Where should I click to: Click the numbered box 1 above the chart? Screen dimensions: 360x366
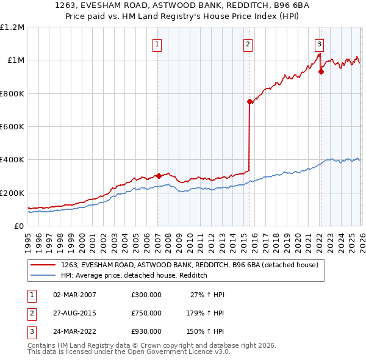pos(157,44)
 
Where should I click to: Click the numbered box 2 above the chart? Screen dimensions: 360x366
pos(248,44)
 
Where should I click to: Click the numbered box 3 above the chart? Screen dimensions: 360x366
pos(319,44)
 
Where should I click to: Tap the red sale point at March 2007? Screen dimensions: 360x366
pos(159,176)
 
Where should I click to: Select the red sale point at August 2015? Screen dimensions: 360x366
pos(249,102)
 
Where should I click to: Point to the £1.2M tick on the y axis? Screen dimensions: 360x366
pos(12,27)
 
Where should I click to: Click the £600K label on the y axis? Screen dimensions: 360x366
pos(12,127)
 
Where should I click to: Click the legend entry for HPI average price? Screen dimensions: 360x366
pos(134,276)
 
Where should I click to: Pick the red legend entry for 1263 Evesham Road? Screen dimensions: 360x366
pos(189,265)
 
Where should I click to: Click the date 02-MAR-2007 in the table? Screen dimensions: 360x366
pos(74,295)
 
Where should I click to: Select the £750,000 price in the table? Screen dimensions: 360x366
pos(146,313)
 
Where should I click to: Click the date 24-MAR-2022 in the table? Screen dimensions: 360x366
pos(74,331)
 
